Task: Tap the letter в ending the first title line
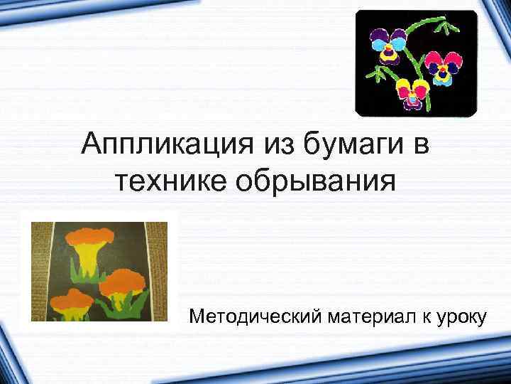421,146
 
